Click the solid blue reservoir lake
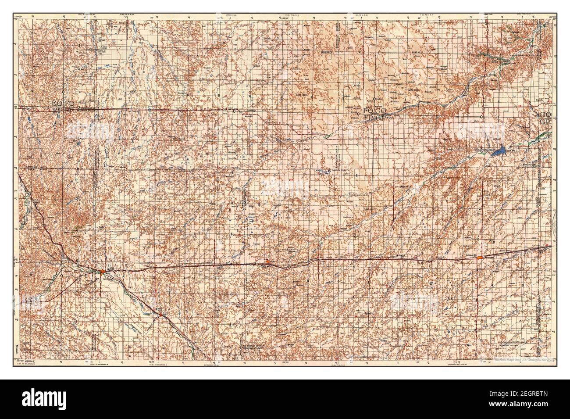click(x=498, y=152)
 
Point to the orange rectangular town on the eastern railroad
click(x=480, y=258)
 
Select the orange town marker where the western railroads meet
click(x=102, y=272)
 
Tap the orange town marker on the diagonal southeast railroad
click(x=161, y=314)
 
